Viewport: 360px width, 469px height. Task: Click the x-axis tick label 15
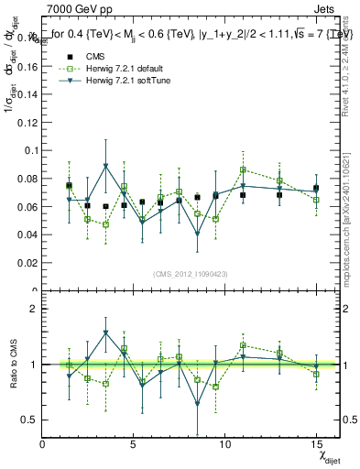pyautogui.click(x=316, y=444)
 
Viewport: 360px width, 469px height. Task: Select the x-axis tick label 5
pyautogui.click(x=134, y=444)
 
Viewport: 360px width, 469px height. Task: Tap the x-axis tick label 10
pyautogui.click(x=224, y=444)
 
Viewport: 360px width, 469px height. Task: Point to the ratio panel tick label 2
pyautogui.click(x=32, y=309)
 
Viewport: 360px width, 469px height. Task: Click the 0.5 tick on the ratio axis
pyautogui.click(x=28, y=420)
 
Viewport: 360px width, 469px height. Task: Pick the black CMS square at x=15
pyautogui.click(x=316, y=188)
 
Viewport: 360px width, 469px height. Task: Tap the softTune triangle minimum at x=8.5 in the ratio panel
pyautogui.click(x=197, y=403)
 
